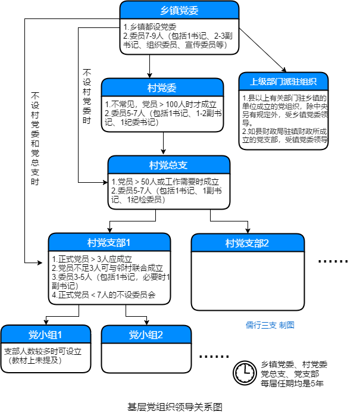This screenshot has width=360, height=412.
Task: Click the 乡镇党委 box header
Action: click(179, 11)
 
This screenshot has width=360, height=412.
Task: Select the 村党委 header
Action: click(162, 88)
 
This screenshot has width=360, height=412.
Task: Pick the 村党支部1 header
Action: click(109, 242)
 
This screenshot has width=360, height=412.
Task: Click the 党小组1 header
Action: click(46, 334)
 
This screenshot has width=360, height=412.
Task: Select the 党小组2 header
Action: click(146, 334)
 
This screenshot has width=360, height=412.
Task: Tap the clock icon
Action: click(243, 372)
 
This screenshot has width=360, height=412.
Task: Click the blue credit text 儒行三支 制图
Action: click(270, 324)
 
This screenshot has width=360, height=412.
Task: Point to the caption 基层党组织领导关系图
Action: click(174, 407)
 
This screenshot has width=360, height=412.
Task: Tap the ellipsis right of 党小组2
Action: click(214, 355)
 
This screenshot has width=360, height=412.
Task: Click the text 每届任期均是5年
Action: click(292, 383)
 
